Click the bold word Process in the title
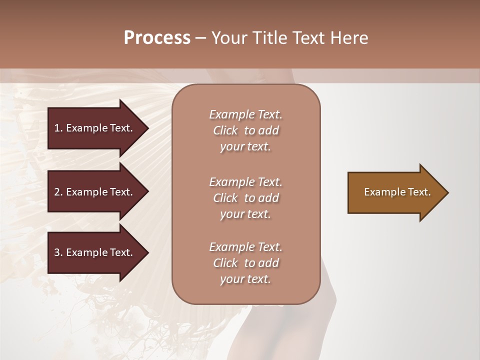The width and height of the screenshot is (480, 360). (157, 38)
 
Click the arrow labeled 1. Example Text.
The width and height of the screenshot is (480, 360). (95, 128)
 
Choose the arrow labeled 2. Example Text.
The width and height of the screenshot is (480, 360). (95, 192)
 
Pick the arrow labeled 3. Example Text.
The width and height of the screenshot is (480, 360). (95, 252)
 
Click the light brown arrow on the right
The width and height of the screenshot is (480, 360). (395, 192)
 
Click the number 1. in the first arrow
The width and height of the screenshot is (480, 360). (58, 128)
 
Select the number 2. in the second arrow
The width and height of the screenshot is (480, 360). (58, 192)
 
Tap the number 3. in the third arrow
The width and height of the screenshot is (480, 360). (58, 252)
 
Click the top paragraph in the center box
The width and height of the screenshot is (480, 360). (245, 130)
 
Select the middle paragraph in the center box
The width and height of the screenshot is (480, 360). (245, 198)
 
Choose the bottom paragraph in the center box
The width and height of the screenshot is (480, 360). (245, 263)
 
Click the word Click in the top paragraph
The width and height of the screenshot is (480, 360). (225, 130)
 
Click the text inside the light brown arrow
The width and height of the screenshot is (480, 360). (397, 192)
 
